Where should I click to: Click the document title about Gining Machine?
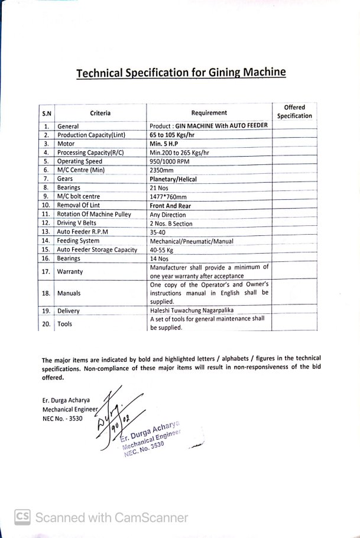[x=181, y=73]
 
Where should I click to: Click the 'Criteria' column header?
[x=100, y=113]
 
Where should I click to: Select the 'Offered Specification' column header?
[x=294, y=112]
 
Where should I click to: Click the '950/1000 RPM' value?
[x=170, y=161]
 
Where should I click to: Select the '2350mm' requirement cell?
[x=161, y=170]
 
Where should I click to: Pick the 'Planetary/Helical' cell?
[x=173, y=179]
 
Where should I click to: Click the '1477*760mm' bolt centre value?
[x=168, y=197]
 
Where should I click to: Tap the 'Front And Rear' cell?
[x=170, y=206]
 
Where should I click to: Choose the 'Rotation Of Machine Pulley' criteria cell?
[x=93, y=215]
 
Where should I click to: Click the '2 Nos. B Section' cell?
[x=171, y=223]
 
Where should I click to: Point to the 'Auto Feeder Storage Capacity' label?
[x=97, y=249]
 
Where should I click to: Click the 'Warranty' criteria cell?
[x=70, y=272]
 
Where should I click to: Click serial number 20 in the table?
[x=46, y=324]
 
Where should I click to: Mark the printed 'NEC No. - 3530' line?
[x=63, y=419]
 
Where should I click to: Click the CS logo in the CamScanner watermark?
[x=22, y=517]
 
